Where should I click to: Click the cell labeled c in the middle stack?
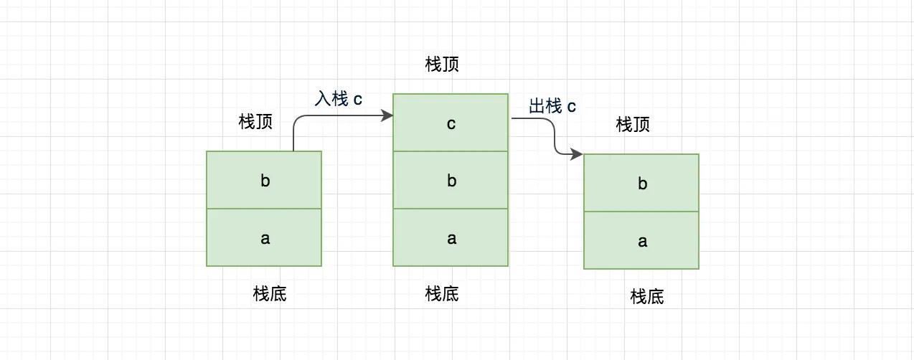[451, 123]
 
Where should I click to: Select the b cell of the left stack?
[264, 180]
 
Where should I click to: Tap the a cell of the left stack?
[264, 237]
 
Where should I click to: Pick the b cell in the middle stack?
[451, 180]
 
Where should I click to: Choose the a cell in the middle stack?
[451, 237]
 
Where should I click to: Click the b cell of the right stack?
[641, 183]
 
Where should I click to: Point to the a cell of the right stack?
[641, 240]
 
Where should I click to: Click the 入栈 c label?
[338, 99]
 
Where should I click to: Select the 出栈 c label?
[552, 107]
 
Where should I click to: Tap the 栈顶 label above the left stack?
[255, 122]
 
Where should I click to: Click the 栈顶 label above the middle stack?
[442, 65]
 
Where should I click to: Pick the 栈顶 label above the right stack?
[633, 125]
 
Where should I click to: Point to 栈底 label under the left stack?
[270, 293]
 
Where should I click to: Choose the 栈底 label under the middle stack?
[442, 293]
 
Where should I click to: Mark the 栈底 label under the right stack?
[647, 296]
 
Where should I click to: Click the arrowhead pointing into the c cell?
[387, 115]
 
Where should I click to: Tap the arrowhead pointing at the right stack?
[577, 154]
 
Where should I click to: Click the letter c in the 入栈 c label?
[357, 100]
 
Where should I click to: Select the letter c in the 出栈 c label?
[571, 108]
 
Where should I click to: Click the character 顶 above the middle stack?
[451, 65]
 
